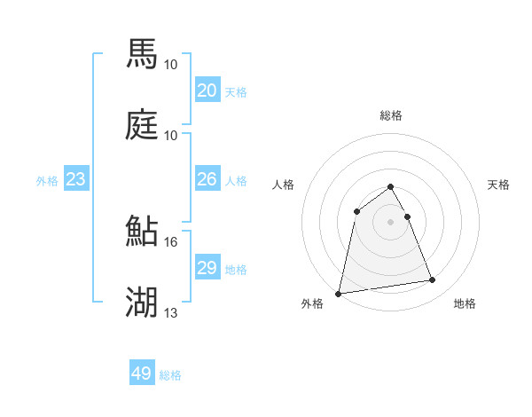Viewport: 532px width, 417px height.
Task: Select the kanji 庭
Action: point(142,124)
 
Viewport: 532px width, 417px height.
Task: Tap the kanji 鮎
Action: point(142,231)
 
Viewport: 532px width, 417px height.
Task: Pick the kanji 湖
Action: point(142,302)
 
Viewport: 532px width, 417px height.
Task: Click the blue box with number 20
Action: point(207,90)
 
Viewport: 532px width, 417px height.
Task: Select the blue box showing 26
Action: point(207,179)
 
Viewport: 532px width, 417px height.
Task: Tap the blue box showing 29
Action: point(207,268)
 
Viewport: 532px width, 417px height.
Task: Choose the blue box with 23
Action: point(75,179)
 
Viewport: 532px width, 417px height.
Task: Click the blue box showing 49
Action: point(142,374)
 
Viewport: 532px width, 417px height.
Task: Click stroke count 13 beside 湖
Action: point(170,312)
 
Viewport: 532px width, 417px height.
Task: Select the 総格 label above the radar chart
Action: point(391,115)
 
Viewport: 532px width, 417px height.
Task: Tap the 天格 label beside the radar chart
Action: point(498,185)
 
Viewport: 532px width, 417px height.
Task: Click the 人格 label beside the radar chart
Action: point(284,185)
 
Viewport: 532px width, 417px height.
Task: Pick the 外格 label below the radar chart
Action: point(313,303)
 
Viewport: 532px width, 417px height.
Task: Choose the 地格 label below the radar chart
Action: point(465,303)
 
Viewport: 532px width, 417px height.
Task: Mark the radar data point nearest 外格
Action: point(339,293)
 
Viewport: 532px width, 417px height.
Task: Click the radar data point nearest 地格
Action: point(433,280)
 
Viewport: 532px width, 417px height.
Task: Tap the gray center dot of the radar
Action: point(391,222)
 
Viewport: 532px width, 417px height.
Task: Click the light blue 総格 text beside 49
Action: point(171,375)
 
